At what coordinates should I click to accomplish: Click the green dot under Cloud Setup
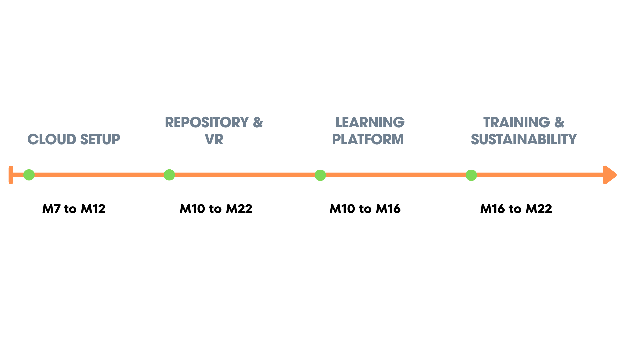29,175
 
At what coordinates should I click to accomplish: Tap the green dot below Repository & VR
169,175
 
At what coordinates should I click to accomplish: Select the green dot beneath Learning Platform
320,175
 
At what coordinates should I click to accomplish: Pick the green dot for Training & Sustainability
471,175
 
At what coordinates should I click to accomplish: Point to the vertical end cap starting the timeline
11,175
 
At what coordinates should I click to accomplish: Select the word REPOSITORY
207,122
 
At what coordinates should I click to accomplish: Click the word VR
214,139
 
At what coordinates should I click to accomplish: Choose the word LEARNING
370,122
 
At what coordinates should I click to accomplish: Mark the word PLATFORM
368,139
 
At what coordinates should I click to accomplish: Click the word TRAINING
516,122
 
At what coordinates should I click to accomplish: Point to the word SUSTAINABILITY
523,139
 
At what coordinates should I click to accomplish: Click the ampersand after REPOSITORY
258,122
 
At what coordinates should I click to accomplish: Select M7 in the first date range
51,209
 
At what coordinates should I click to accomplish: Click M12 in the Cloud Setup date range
93,209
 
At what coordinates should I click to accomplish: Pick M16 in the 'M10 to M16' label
388,209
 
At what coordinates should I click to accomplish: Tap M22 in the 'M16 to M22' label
539,209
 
